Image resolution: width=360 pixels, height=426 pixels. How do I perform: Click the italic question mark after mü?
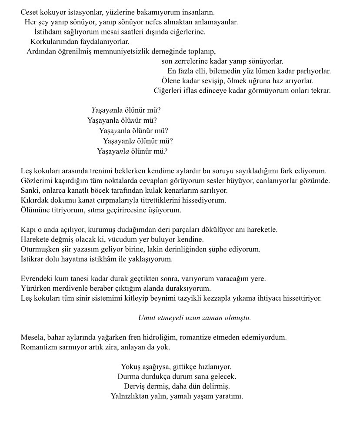166,151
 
